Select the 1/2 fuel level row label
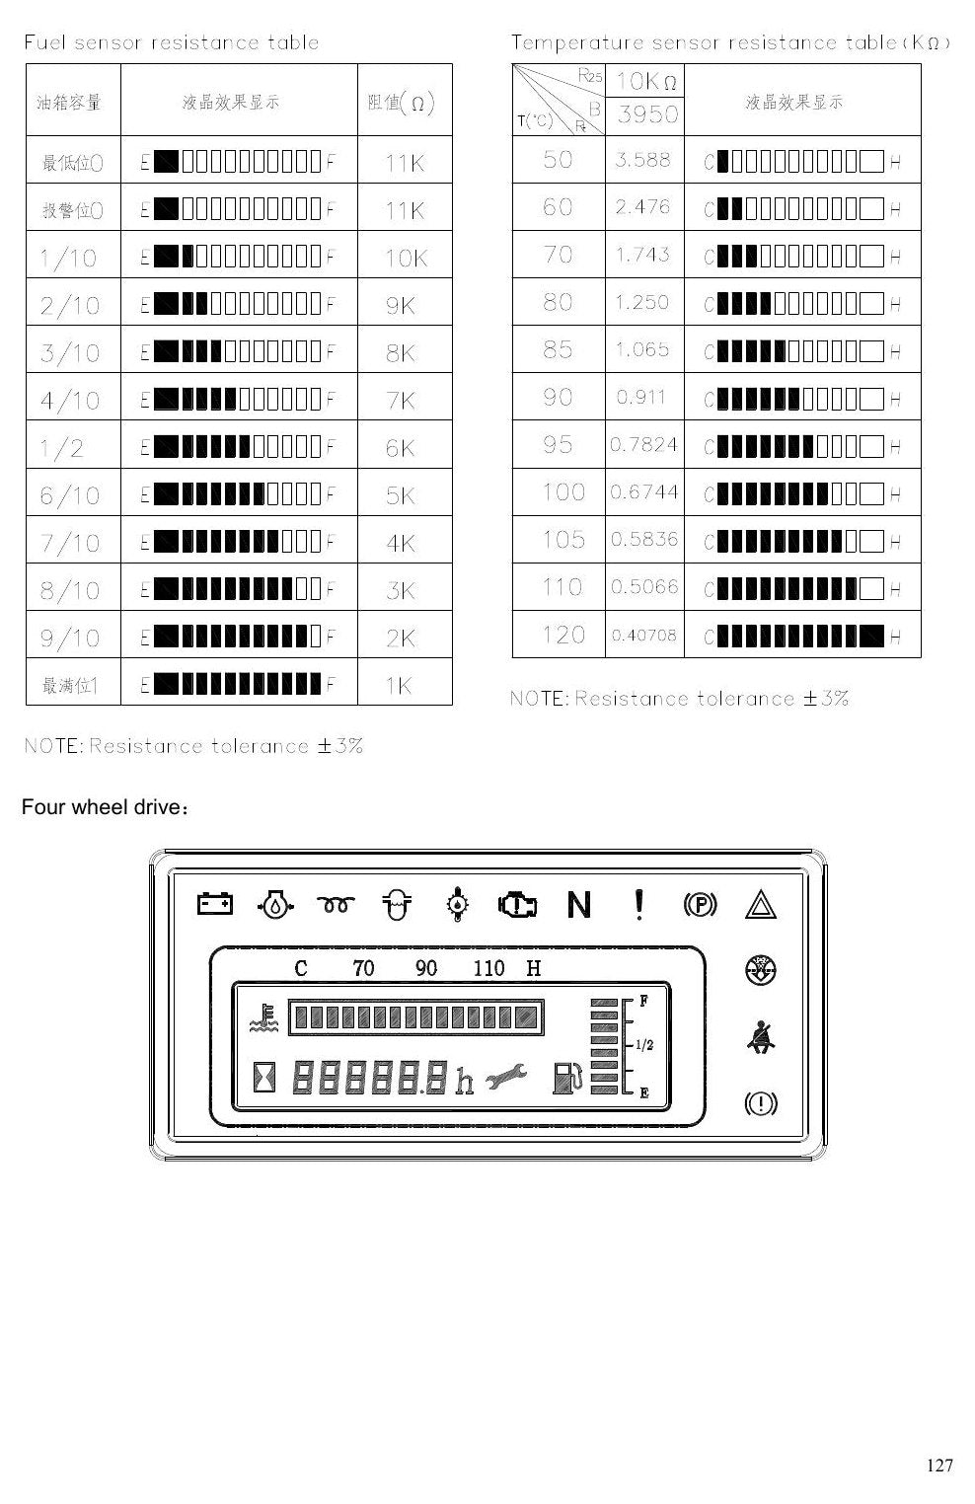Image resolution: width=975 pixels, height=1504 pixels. [x=62, y=448]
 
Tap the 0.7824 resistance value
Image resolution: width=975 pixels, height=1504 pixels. [x=644, y=444]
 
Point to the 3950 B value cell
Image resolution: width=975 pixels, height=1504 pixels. [x=647, y=114]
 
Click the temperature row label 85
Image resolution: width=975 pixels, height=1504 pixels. [x=558, y=349]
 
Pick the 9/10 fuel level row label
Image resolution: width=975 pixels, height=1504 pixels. [x=70, y=638]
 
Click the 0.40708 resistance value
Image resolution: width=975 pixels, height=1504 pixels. [x=644, y=636]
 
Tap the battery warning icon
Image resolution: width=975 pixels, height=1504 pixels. [x=215, y=904]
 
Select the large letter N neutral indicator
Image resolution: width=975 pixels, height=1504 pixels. [x=579, y=904]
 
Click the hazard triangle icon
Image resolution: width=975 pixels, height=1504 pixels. [x=761, y=904]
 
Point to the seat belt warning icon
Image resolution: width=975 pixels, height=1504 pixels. [x=761, y=1037]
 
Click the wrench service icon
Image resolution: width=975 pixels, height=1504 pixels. [x=506, y=1077]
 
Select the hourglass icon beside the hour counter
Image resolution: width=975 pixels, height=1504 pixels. [x=263, y=1077]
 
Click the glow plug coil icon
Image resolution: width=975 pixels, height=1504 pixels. [x=336, y=905]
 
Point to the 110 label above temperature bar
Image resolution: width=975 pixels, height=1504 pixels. [x=488, y=968]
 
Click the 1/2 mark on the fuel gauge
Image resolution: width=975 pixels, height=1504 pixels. [x=644, y=1045]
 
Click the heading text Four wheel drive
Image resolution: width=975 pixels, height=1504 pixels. [x=105, y=806]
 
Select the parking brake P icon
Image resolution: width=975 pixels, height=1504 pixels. [x=701, y=905]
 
